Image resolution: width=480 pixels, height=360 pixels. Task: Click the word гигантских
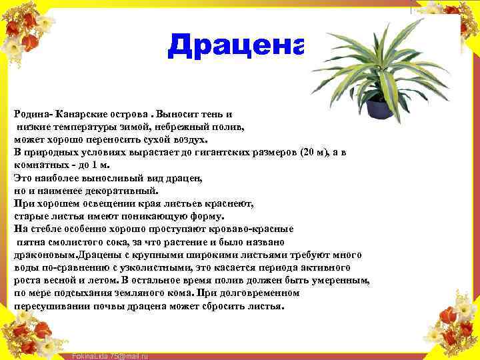click(x=213, y=152)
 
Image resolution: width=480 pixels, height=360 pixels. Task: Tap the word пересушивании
click(x=47, y=307)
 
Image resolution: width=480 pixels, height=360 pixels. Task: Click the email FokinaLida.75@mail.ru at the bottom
click(x=109, y=356)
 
